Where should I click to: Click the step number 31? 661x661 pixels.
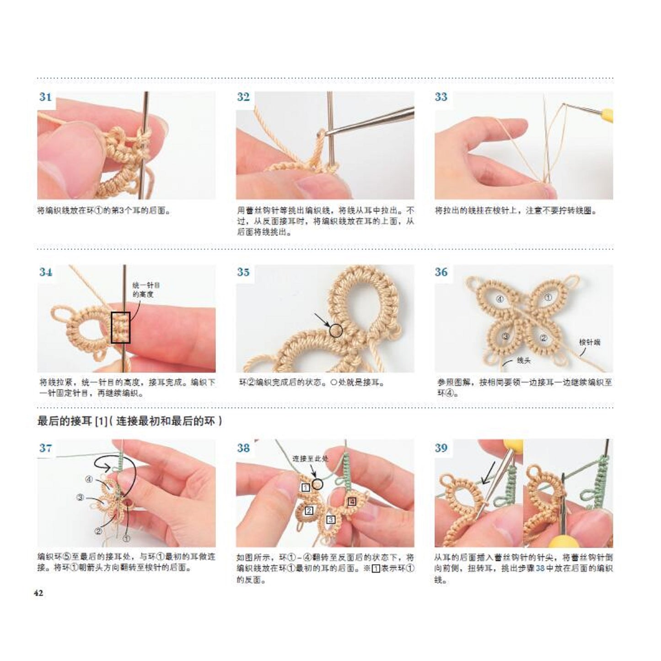45,97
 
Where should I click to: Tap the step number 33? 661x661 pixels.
441,97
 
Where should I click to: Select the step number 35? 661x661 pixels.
243,272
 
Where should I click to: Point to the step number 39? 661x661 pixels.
441,448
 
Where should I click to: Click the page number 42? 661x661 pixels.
38,593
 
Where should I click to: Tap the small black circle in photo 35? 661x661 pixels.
336,331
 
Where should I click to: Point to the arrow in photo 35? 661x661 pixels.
322,320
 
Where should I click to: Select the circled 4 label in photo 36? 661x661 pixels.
500,300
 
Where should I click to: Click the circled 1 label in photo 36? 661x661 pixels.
548,297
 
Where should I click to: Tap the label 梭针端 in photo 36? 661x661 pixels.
589,343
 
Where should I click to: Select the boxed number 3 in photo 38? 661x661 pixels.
331,520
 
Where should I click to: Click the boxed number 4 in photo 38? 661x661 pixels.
352,502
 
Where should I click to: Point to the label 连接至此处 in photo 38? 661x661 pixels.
310,459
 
